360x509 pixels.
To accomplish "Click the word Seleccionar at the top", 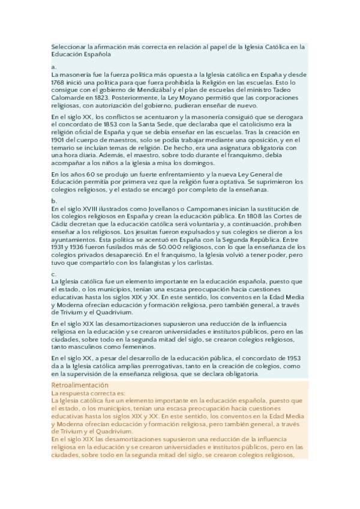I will [68, 46].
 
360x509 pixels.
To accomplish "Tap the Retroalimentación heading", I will [80, 385].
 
